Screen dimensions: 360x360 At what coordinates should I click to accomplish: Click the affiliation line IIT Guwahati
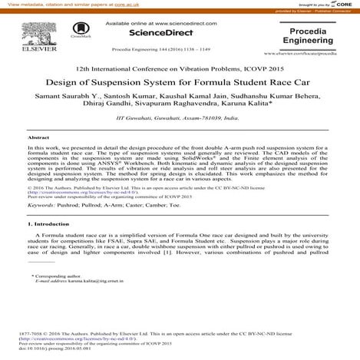[180, 121]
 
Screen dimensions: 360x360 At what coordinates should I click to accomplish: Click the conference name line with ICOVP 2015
[180, 65]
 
